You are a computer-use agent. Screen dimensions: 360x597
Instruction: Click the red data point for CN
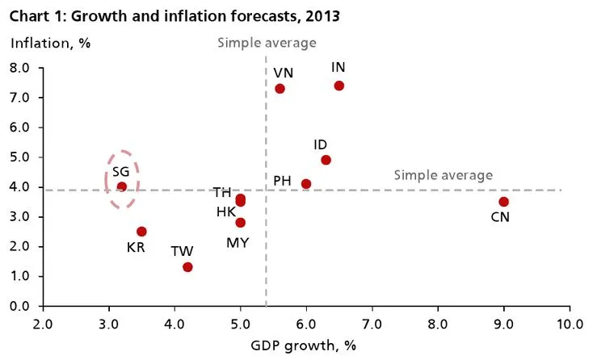[503, 202]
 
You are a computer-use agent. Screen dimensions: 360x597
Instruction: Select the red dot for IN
[338, 86]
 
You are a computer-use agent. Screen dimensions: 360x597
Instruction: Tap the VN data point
[280, 89]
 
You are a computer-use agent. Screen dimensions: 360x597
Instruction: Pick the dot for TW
[187, 267]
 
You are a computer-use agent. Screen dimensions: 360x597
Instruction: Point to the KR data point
[141, 232]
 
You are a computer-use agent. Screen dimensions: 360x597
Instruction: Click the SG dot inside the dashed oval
[122, 186]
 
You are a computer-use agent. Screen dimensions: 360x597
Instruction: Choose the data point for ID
[326, 160]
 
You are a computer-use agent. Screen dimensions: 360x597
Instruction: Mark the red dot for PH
[306, 184]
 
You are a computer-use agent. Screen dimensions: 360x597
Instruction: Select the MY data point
[240, 223]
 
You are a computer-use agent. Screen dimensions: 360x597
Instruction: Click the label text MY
[238, 242]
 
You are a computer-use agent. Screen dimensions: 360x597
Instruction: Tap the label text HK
[225, 211]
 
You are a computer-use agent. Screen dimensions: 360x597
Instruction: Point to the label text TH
[222, 192]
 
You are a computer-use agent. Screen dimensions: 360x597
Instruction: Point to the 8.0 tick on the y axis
[19, 68]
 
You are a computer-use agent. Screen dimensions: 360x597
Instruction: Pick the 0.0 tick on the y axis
[19, 306]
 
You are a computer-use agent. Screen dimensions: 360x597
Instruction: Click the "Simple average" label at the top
[267, 43]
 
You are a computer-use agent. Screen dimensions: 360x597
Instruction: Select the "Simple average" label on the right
[443, 175]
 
